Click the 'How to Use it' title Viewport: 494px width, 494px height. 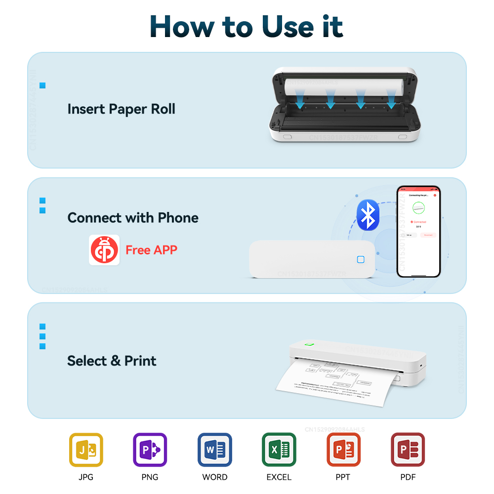247,27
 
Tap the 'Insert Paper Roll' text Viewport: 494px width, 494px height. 121,109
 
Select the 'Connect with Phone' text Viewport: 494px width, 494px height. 133,218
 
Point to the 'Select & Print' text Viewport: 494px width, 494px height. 112,361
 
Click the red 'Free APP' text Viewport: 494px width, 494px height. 151,250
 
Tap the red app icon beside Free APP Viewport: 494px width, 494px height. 104,250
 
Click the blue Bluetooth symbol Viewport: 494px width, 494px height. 368,215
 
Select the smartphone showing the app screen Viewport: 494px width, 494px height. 418,231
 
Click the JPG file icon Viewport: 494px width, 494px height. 86,450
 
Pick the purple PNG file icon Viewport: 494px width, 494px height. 150,450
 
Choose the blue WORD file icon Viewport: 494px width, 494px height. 215,450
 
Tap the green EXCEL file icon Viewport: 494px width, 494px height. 279,450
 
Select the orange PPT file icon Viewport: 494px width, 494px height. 343,450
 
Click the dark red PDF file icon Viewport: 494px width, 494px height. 408,450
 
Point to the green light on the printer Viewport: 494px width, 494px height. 310,344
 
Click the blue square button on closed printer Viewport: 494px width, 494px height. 361,260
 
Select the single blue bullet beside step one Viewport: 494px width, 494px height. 42,86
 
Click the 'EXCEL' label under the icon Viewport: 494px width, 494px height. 279,477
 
